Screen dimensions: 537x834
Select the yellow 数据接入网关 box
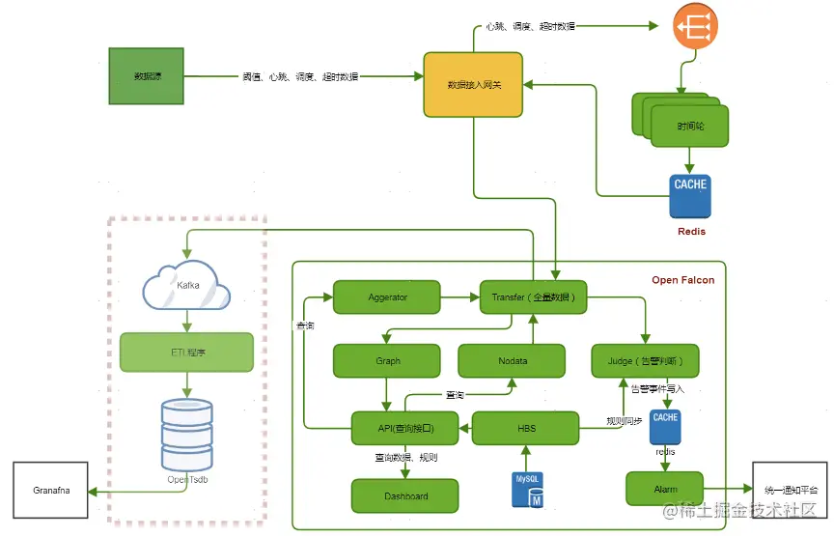click(x=474, y=84)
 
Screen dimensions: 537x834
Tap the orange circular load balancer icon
click(x=695, y=31)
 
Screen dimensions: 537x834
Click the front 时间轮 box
click(x=689, y=127)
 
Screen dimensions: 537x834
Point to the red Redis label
click(x=690, y=232)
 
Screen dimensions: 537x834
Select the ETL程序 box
click(x=186, y=353)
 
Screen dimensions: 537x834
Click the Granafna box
click(x=49, y=492)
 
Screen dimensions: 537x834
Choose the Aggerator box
click(x=387, y=297)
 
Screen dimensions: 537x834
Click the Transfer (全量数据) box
click(x=533, y=297)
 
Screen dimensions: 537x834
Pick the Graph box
click(x=387, y=361)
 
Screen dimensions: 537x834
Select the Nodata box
click(x=512, y=361)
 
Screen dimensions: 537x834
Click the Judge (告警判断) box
click(x=645, y=361)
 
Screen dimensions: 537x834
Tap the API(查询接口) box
click(x=404, y=428)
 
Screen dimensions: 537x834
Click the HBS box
click(x=525, y=428)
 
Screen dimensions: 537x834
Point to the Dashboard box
click(x=404, y=495)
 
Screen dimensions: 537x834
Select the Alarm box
click(x=665, y=489)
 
